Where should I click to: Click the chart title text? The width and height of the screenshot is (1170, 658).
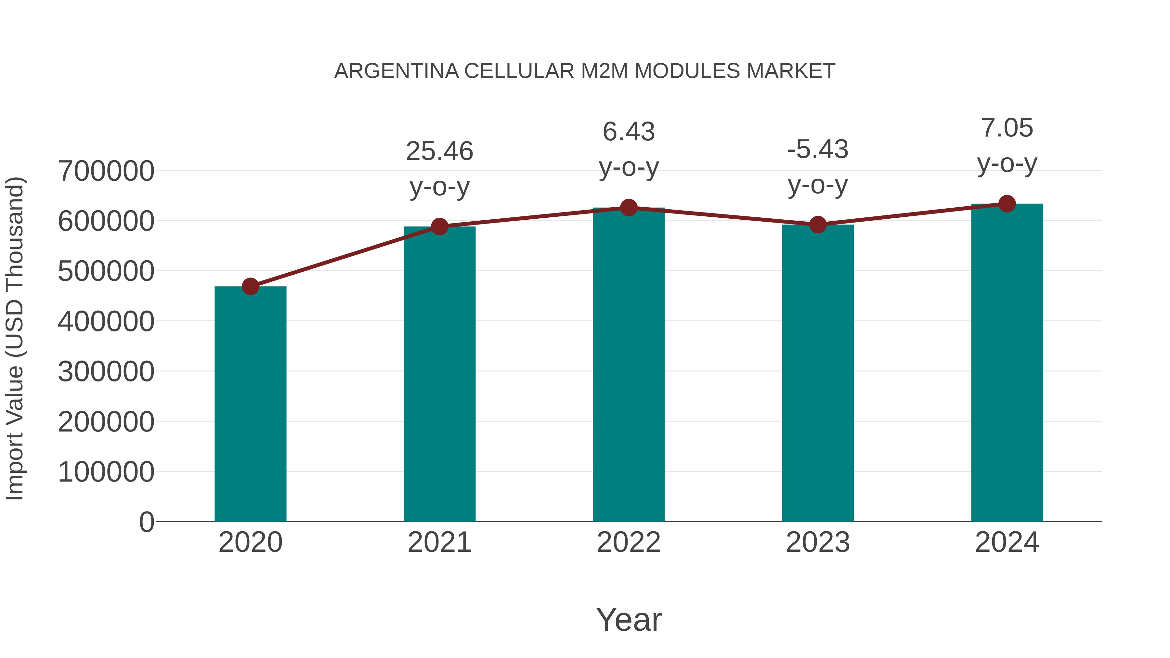pos(585,71)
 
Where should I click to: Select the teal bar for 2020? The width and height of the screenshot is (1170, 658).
pos(250,404)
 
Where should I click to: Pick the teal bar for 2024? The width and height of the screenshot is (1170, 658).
pos(1007,363)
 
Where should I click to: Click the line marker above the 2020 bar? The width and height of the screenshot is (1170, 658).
pos(250,287)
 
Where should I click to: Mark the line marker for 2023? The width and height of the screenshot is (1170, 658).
pos(818,224)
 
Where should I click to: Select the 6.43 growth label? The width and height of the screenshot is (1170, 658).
pos(629,132)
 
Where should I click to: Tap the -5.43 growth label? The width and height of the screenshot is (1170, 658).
pos(818,149)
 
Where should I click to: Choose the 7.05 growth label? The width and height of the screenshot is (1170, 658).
pos(1007,128)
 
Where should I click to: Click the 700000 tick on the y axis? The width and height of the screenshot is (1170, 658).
pos(106,171)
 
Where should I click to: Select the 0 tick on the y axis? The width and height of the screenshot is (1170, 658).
pos(147,522)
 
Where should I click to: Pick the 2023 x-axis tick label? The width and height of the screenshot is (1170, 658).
pos(818,542)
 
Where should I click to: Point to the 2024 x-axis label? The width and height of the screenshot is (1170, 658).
pos(1007,542)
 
